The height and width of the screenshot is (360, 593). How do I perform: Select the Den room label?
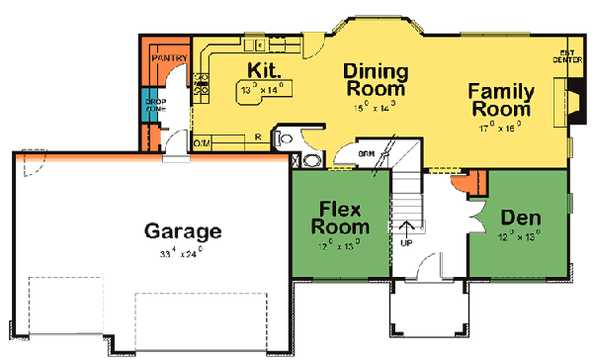tap(520, 218)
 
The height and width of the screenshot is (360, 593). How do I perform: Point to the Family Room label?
tap(501, 99)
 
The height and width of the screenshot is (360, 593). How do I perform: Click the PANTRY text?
tap(162, 59)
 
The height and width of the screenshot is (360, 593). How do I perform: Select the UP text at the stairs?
tap(406, 241)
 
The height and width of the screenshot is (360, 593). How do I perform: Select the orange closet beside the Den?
tap(473, 181)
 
